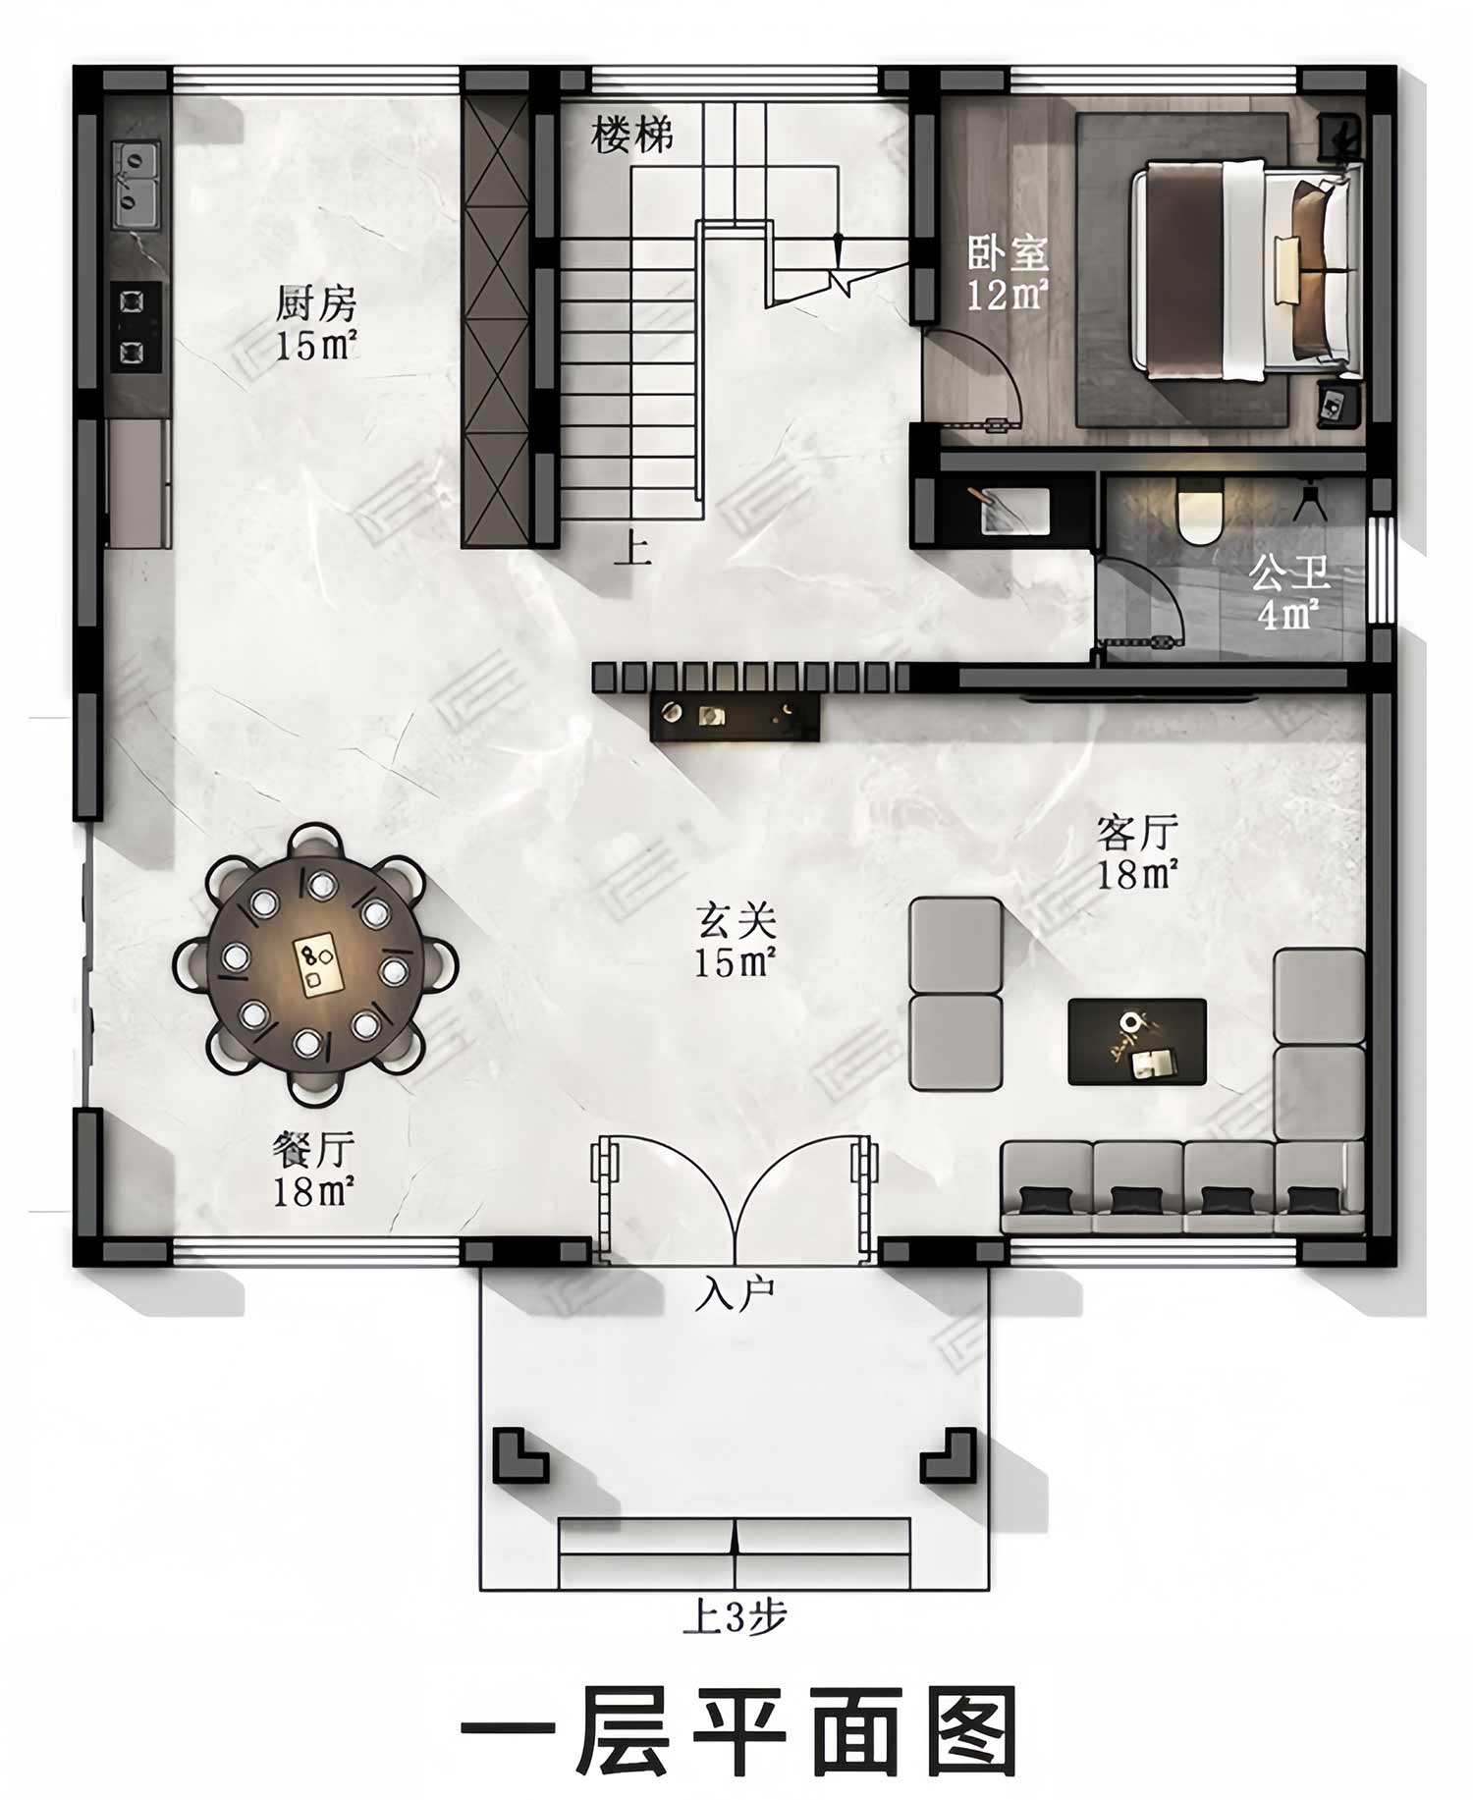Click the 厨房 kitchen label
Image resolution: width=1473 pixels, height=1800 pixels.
315,304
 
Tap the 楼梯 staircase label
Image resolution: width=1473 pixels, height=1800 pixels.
632,135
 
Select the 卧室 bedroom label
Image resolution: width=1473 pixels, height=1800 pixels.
1009,253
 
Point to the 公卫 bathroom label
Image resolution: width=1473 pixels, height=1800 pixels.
1289,573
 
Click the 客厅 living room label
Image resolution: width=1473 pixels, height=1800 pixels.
1137,833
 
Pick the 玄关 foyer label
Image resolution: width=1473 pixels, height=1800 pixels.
736,921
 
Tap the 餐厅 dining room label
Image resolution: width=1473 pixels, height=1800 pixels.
313,1150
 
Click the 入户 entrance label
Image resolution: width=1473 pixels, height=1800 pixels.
735,1294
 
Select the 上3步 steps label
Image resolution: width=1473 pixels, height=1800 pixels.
735,1616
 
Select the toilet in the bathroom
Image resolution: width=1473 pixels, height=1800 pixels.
1200,514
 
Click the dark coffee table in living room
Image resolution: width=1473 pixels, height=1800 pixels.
1137,1042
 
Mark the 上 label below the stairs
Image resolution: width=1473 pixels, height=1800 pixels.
631,547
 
